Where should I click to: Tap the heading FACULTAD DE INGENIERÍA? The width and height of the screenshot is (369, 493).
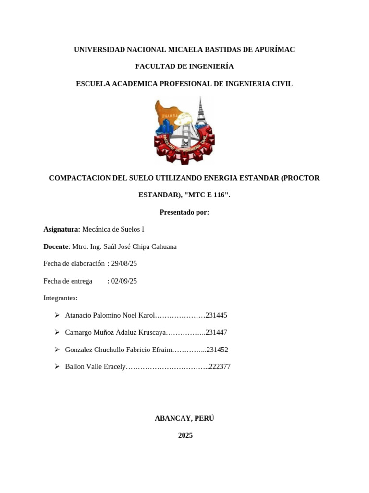pyautogui.click(x=184, y=66)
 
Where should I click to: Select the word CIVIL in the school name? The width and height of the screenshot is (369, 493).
pyautogui.click(x=282, y=84)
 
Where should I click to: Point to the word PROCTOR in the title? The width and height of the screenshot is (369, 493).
pyautogui.click(x=300, y=178)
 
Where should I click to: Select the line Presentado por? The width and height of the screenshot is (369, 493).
pyautogui.click(x=184, y=212)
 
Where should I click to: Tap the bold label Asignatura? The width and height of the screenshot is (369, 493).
pyautogui.click(x=62, y=230)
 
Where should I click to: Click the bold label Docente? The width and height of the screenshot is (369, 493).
pyautogui.click(x=56, y=246)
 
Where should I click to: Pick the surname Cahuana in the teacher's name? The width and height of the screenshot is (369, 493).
pyautogui.click(x=163, y=246)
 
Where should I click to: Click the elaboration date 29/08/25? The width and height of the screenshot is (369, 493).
pyautogui.click(x=124, y=264)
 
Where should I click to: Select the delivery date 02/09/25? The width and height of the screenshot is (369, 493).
pyautogui.click(x=124, y=281)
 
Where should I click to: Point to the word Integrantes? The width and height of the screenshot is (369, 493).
pyautogui.click(x=61, y=298)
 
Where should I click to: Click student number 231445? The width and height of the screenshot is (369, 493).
pyautogui.click(x=216, y=315)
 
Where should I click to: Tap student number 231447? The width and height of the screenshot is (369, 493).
pyautogui.click(x=216, y=333)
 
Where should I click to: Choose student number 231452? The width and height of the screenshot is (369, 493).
pyautogui.click(x=217, y=350)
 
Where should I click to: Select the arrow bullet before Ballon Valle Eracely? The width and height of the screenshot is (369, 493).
pyautogui.click(x=57, y=367)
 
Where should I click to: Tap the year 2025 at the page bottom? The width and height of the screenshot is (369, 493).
pyautogui.click(x=185, y=436)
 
